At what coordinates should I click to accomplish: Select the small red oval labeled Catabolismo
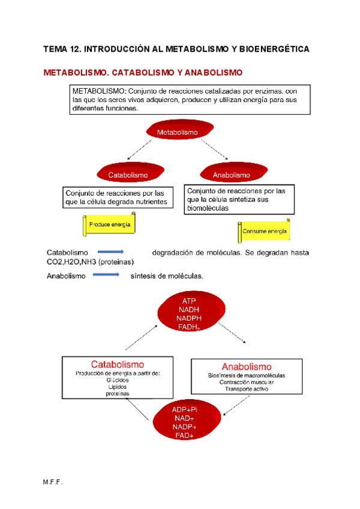[128, 174]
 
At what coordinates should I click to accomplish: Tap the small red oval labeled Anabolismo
[231, 174]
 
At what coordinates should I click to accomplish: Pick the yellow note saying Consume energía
[264, 231]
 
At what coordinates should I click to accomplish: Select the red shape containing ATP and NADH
[189, 313]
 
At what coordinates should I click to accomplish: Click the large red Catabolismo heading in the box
[117, 364]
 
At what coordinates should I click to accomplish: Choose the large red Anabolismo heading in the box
[246, 367]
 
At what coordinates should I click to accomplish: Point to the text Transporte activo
[247, 389]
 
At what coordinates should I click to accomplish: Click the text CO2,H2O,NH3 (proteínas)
[91, 262]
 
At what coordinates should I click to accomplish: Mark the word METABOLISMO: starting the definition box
[100, 91]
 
